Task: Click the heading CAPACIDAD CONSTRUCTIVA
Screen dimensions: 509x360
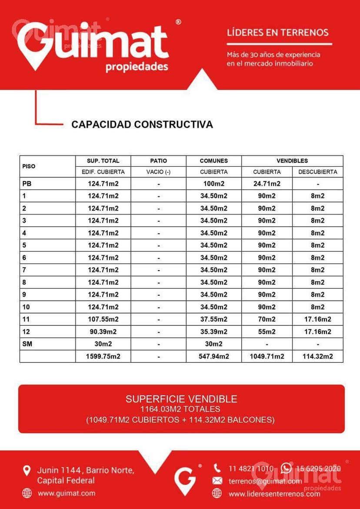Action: tap(142, 124)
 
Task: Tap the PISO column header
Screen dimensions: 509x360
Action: tap(29, 166)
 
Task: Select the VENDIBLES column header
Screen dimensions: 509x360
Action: tap(292, 161)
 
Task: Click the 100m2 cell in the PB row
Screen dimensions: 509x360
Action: tap(213, 184)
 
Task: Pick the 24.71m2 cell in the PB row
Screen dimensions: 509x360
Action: tap(267, 184)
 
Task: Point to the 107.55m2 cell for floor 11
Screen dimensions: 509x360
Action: tap(103, 319)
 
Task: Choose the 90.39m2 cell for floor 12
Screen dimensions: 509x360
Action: tap(103, 332)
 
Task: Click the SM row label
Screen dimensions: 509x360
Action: tap(27, 344)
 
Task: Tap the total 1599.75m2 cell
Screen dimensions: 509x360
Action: tap(103, 356)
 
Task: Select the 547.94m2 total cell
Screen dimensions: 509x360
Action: tap(213, 356)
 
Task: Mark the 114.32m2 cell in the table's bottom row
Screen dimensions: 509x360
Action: tap(317, 356)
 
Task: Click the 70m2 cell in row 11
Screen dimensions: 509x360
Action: tap(267, 319)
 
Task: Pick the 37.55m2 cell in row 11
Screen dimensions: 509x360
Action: tap(213, 319)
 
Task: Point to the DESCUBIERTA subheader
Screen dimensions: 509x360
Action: tap(317, 172)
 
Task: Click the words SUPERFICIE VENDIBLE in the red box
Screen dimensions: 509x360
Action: tap(181, 399)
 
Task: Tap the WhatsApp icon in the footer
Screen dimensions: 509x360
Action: tap(286, 468)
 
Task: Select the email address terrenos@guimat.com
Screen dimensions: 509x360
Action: tap(265, 481)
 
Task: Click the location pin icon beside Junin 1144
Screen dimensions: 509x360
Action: tap(27, 470)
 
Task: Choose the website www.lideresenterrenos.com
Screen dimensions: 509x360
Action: tap(274, 494)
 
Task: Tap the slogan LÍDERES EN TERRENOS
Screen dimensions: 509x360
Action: tap(278, 32)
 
